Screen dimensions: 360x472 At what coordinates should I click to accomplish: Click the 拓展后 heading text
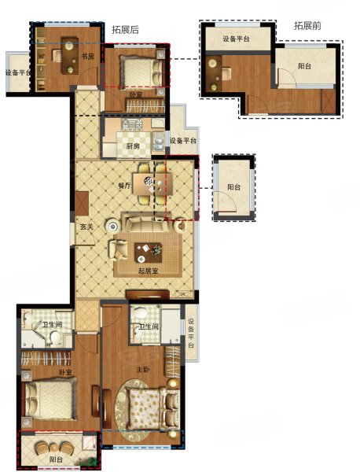[x=126, y=30]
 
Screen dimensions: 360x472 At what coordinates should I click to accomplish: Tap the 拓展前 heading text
[x=307, y=26]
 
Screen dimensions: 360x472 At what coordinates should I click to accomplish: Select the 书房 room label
[x=88, y=57]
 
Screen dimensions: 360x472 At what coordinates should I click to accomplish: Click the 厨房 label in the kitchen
[x=133, y=146]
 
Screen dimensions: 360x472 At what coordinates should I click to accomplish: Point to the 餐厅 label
[x=125, y=186]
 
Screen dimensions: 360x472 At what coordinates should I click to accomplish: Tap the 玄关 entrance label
[x=86, y=227]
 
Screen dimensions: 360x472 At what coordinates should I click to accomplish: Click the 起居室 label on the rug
[x=148, y=271]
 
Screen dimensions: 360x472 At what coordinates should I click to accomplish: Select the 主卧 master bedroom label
[x=143, y=370]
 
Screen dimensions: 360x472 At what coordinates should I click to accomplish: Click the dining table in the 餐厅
[x=152, y=184]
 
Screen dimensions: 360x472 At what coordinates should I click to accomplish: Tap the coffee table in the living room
[x=148, y=253]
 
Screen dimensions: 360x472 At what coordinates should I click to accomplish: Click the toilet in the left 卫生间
[x=55, y=337]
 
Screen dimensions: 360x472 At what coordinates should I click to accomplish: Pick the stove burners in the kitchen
[x=132, y=124]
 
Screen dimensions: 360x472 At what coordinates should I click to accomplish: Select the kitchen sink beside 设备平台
[x=158, y=142]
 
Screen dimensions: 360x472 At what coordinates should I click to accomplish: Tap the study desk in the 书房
[x=70, y=56]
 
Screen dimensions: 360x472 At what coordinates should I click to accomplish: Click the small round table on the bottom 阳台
[x=54, y=447]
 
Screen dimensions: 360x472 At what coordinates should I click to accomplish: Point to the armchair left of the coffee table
[x=118, y=250]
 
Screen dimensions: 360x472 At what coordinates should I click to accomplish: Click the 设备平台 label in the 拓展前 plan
[x=236, y=39]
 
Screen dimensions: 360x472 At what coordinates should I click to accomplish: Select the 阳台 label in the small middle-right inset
[x=233, y=187]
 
